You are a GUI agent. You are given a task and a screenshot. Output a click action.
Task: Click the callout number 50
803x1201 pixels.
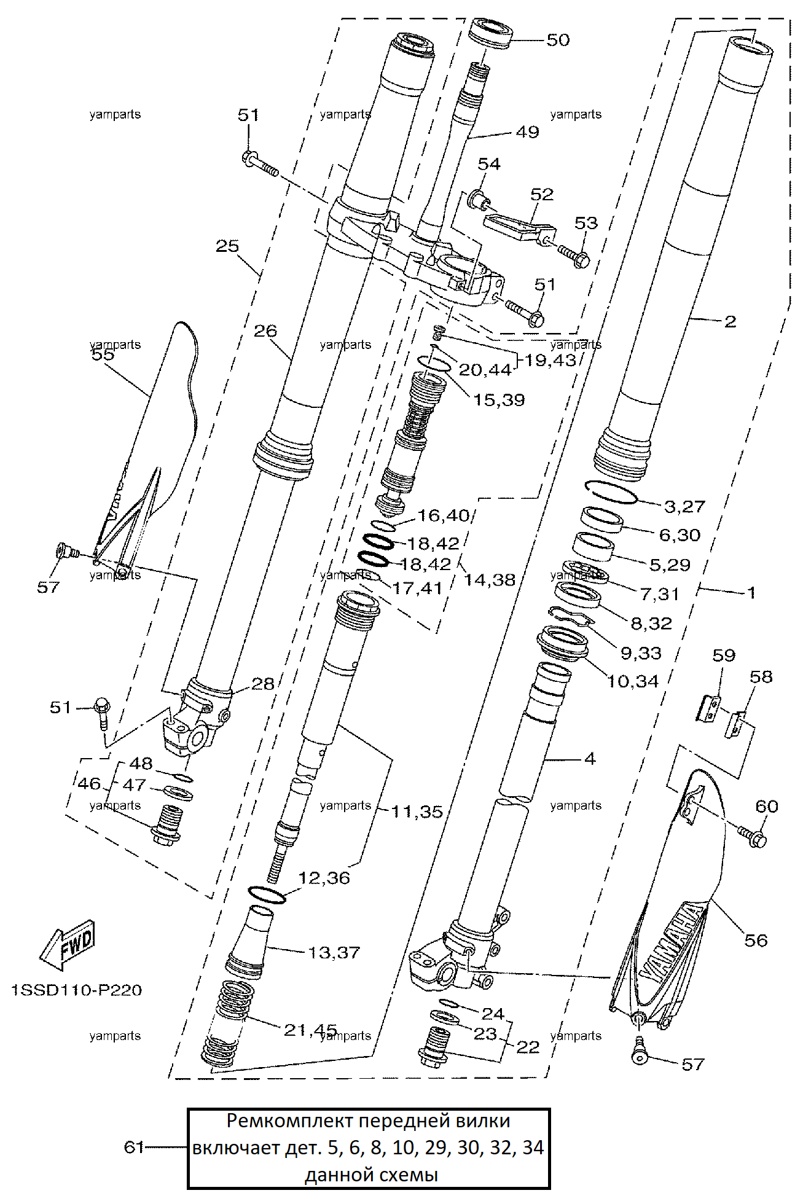558,40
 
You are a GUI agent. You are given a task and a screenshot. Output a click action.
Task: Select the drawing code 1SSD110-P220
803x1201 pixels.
76,990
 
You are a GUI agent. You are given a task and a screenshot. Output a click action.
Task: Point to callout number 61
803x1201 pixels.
134,1147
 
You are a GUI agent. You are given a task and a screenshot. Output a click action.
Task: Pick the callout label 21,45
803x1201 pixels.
310,1030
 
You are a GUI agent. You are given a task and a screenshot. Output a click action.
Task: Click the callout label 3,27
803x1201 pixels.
684,506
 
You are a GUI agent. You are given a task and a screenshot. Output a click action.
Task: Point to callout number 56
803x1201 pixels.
756,940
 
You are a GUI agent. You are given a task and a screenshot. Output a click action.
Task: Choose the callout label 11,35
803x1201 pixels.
417,812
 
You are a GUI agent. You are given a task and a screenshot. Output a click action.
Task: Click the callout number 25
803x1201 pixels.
227,246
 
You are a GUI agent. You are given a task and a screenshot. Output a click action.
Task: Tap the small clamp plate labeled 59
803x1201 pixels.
710,708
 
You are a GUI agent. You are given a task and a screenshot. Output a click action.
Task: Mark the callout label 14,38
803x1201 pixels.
489,579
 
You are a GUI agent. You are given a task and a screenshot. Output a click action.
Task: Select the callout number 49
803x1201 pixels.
527,132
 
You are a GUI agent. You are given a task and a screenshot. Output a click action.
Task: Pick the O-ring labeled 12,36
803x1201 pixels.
267,894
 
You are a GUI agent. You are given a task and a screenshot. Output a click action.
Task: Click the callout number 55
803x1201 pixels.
103,354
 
